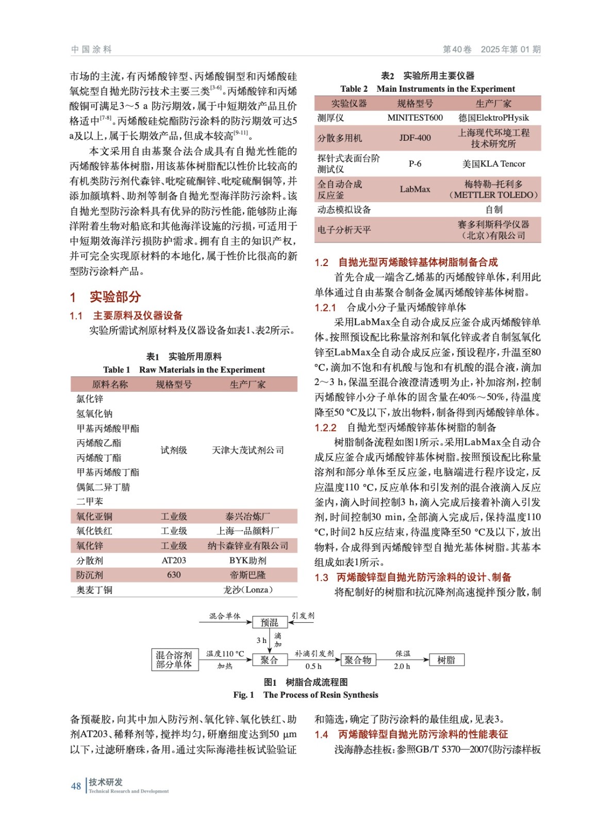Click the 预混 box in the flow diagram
269,622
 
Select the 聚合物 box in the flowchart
358,660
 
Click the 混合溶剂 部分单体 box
174,660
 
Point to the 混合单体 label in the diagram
225,616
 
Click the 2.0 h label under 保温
402,667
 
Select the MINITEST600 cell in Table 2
415,118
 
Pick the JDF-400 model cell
415,138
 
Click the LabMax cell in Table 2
415,189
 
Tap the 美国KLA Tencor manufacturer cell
493,164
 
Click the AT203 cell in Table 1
174,560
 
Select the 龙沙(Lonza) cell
247,590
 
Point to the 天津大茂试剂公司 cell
247,450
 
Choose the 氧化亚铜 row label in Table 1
94,517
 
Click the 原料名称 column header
110,385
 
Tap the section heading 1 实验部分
106,297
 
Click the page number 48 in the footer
76,786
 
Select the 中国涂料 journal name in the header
91,49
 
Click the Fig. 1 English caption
305,695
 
